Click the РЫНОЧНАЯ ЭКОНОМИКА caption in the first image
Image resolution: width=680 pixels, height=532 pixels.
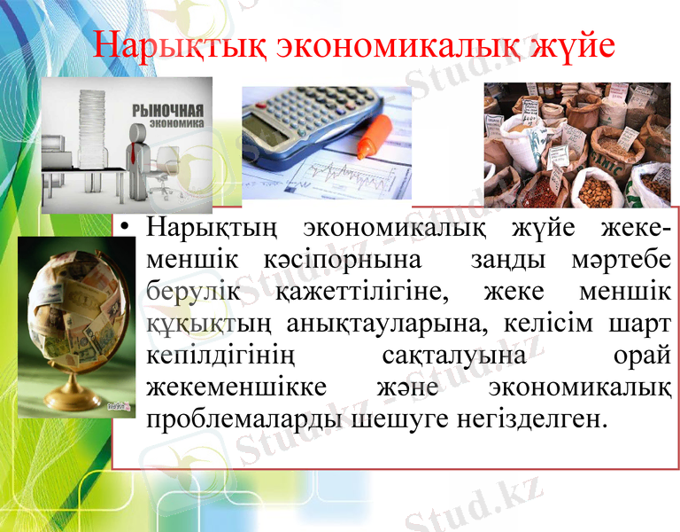[167, 118]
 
